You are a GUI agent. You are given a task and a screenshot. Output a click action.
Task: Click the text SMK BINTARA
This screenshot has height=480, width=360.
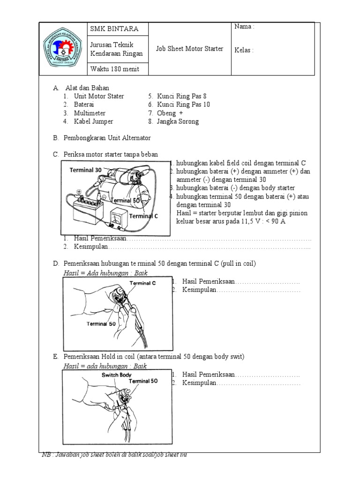click(x=114, y=29)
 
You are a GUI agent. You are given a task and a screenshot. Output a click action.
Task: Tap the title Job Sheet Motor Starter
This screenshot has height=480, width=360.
click(x=189, y=49)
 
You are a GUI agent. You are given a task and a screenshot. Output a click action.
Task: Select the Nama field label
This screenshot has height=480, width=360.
click(x=244, y=27)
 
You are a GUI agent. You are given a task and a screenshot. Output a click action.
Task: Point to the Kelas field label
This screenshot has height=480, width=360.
click(x=244, y=51)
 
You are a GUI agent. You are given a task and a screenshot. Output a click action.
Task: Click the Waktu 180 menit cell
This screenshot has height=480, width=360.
click(x=114, y=69)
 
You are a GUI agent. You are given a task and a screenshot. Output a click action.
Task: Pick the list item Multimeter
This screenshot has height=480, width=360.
click(x=90, y=113)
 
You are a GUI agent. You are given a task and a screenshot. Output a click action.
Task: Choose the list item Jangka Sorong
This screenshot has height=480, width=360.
click(x=178, y=121)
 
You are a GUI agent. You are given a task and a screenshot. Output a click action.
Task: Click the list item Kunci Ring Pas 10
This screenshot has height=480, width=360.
click(x=183, y=105)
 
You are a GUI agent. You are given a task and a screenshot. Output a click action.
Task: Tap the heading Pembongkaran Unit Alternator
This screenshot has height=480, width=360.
click(x=107, y=138)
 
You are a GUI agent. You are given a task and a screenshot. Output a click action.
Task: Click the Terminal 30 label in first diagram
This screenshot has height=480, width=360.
click(x=85, y=170)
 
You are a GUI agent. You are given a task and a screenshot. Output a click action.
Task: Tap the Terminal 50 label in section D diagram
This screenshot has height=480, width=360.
click(x=101, y=323)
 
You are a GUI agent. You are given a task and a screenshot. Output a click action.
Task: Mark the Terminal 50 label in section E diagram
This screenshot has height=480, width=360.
click(x=143, y=381)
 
